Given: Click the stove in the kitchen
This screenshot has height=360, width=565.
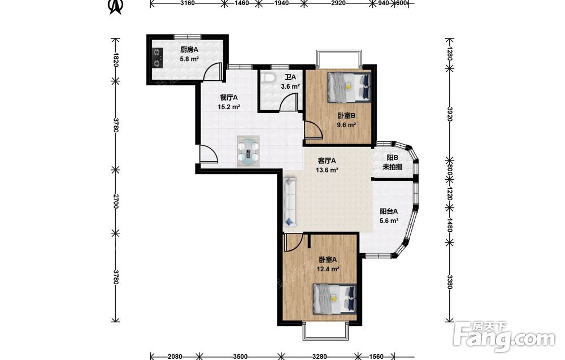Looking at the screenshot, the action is click(x=157, y=58).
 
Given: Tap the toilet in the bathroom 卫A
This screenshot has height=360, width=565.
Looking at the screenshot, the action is click(x=268, y=77).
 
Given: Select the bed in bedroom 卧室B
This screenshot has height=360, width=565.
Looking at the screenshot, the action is click(x=349, y=87).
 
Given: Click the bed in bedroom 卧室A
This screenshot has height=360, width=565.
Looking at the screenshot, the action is click(x=334, y=298).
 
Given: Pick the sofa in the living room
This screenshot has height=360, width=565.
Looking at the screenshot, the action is click(x=290, y=201).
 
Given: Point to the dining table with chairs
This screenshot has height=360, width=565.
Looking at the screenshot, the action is click(x=248, y=151).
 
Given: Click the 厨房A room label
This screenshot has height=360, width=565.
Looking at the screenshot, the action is click(x=189, y=50).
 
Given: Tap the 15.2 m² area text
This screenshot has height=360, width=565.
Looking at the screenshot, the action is click(x=229, y=107).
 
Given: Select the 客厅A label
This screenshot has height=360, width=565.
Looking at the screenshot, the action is click(x=327, y=161).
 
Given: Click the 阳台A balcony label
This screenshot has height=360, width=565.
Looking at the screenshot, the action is click(x=389, y=212).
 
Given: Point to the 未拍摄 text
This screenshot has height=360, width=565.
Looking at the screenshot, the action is click(x=392, y=167).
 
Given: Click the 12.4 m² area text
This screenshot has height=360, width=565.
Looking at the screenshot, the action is click(x=328, y=269).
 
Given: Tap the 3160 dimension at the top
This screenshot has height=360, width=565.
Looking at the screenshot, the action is click(x=187, y=3).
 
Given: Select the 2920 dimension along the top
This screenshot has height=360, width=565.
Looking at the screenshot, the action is click(x=338, y=3).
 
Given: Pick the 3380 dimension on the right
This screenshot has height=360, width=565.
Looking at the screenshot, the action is click(x=449, y=282).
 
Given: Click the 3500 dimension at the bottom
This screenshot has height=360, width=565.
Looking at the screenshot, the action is click(x=240, y=357).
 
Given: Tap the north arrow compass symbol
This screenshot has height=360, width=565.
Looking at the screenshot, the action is click(x=116, y=6).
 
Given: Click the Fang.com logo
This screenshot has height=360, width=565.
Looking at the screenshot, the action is click(x=504, y=336).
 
